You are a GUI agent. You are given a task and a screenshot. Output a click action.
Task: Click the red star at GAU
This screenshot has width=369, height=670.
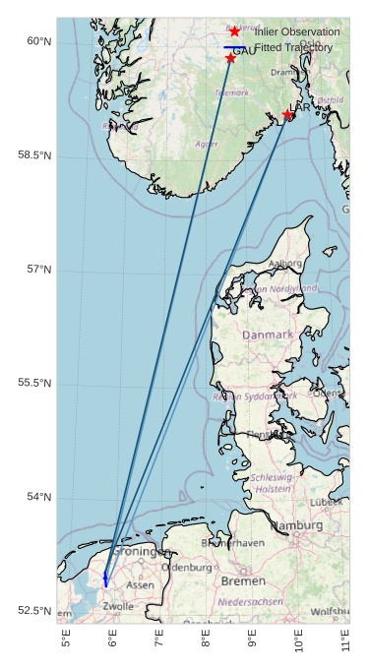(230, 58)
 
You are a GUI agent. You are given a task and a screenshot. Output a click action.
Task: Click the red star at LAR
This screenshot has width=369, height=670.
(287, 115)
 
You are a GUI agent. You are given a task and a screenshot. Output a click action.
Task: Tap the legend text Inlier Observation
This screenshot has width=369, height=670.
(296, 31)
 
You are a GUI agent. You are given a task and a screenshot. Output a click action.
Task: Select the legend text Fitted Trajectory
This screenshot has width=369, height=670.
(293, 47)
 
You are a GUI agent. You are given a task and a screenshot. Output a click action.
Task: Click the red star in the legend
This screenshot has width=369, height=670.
(235, 31)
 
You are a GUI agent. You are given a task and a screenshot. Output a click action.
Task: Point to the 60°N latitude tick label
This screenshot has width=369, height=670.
(37, 41)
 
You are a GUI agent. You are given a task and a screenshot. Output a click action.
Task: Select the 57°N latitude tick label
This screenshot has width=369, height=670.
(37, 270)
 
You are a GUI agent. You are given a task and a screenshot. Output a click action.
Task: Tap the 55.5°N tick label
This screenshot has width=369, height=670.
(34, 383)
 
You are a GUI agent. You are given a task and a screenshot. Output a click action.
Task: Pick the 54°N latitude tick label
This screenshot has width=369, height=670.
(37, 497)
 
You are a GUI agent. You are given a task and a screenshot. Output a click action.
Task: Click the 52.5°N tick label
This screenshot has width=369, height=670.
(34, 611)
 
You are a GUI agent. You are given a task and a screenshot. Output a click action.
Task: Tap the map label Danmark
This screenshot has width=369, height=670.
(268, 335)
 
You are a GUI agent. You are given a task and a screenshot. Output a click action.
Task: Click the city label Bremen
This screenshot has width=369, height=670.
(243, 581)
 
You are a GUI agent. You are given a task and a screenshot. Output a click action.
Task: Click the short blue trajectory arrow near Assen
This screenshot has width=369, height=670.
(105, 578)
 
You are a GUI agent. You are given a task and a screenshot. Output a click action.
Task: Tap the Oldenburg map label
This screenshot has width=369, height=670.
(186, 568)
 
